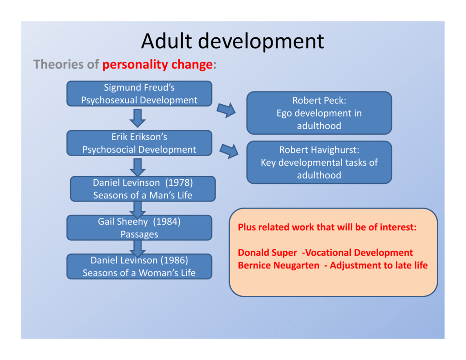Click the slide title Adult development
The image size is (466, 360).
(x=233, y=41)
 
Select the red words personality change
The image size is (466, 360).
(x=157, y=65)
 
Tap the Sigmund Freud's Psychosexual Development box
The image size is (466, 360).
(x=139, y=94)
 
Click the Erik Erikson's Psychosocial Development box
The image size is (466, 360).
(x=139, y=143)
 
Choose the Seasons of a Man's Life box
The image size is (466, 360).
(x=143, y=189)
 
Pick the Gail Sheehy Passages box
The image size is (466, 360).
(x=139, y=228)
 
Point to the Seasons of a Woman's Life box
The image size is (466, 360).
(x=139, y=266)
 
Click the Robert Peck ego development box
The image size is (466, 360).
(x=319, y=113)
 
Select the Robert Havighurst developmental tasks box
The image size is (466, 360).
(x=319, y=162)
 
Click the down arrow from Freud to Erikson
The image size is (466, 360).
(x=137, y=118)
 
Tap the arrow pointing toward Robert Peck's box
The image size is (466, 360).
(x=226, y=110)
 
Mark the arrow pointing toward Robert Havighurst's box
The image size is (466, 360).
(x=229, y=151)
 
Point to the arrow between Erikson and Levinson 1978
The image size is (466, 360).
(x=137, y=167)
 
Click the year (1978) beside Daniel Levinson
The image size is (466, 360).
(x=179, y=183)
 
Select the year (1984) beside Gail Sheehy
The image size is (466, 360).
(x=167, y=222)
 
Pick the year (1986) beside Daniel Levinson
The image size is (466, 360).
(x=174, y=260)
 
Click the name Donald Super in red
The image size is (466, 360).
(x=268, y=253)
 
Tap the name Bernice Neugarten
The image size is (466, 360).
(x=279, y=265)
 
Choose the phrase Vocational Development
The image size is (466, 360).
(x=359, y=253)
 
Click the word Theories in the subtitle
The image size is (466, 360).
(x=58, y=64)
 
